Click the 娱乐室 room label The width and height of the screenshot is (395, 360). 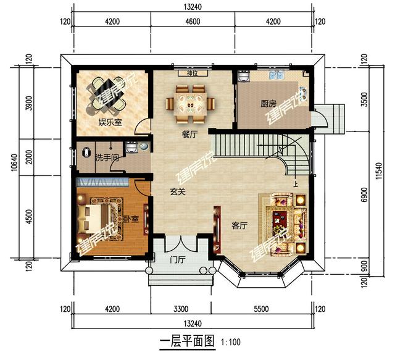pyautogui.click(x=110, y=122)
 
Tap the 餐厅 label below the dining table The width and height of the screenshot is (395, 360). pyautogui.click(x=189, y=135)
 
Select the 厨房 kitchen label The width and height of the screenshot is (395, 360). pyautogui.click(x=267, y=104)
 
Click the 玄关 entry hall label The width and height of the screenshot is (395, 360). pyautogui.click(x=178, y=192)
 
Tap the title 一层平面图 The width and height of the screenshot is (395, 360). pyautogui.click(x=186, y=340)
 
